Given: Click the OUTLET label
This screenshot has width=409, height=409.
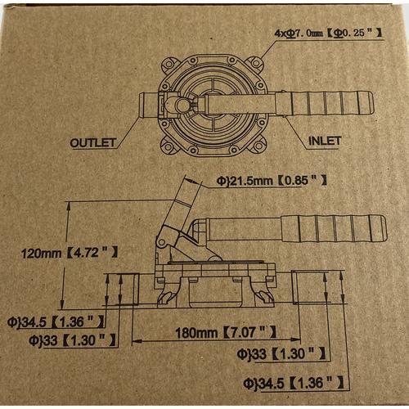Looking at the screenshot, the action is pos(92,143).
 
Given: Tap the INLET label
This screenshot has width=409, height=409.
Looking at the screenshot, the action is pos(325,141).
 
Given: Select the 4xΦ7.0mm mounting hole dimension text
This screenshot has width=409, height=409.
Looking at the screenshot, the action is pos(327,33).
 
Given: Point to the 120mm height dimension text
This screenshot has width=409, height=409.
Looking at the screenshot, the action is pos(70,253).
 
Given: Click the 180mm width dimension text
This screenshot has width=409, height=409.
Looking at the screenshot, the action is pos(226,332).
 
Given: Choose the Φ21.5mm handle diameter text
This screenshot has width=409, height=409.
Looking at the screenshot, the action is pos(272,181).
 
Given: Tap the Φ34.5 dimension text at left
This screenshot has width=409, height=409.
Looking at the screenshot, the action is pos(56,322).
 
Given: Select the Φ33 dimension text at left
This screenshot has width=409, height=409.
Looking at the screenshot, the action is pos(72,340).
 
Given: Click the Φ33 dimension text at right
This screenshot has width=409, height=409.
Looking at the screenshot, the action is pos(281,353).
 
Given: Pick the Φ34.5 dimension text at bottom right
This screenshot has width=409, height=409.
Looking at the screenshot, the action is pos(293,383).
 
